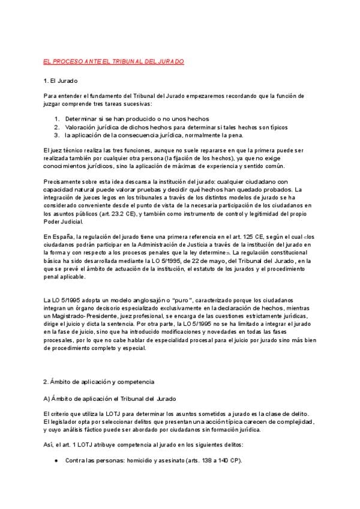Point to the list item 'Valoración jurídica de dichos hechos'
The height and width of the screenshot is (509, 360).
pos(120,127)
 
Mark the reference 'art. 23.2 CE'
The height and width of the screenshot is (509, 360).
pos(121,213)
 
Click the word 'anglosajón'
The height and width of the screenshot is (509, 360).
pos(146,299)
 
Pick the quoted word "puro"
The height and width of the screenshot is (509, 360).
pos(182,299)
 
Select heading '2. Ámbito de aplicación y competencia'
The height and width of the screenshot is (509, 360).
pos(99,382)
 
